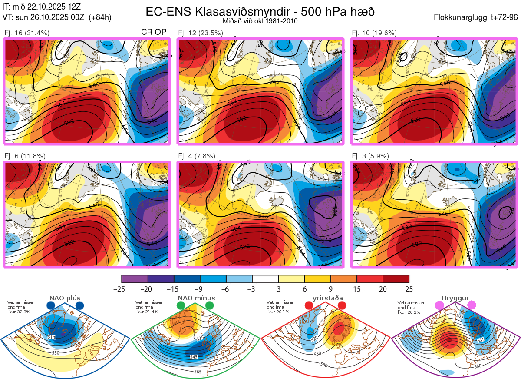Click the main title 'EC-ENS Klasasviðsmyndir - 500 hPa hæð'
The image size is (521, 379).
(x=260, y=11)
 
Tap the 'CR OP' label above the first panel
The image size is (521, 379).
(x=154, y=32)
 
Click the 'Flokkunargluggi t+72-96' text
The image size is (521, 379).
(x=476, y=17)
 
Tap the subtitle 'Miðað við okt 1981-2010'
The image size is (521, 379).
(x=260, y=21)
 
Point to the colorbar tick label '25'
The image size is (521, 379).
(x=409, y=289)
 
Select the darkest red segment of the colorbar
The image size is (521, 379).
(x=396, y=279)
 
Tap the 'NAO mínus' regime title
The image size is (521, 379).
(x=196, y=298)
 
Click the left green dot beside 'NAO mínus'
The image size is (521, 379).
(x=181, y=306)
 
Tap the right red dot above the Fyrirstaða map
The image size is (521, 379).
(x=341, y=306)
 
